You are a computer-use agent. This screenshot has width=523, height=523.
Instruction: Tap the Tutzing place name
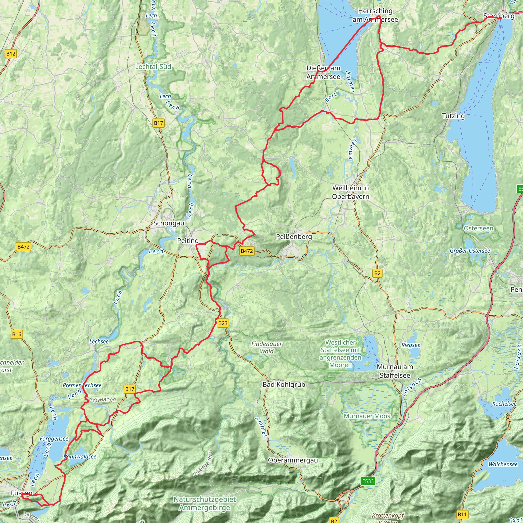(x=453, y=116)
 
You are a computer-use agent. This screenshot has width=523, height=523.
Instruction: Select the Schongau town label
(x=169, y=223)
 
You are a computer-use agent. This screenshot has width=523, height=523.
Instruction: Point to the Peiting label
(x=188, y=241)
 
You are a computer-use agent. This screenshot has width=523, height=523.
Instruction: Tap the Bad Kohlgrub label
(x=284, y=384)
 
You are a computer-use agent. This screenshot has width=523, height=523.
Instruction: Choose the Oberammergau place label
(x=293, y=460)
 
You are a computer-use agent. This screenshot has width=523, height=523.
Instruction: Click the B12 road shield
(x=11, y=54)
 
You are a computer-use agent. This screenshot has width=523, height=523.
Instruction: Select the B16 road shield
(x=17, y=334)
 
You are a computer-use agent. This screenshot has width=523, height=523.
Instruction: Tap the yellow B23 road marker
(x=223, y=323)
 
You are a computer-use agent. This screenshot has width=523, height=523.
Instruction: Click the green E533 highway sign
(x=368, y=481)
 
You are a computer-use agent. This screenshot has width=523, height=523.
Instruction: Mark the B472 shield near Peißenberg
(x=247, y=251)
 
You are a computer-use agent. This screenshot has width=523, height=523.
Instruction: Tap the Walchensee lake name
(x=503, y=464)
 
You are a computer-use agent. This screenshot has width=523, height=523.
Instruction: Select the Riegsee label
(x=411, y=345)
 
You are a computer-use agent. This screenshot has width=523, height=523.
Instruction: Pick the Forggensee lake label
(x=54, y=438)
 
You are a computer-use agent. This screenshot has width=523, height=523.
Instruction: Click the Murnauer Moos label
(x=367, y=416)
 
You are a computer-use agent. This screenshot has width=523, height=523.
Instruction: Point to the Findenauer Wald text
(x=267, y=348)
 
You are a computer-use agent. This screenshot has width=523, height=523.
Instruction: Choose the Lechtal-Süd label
(x=153, y=67)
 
